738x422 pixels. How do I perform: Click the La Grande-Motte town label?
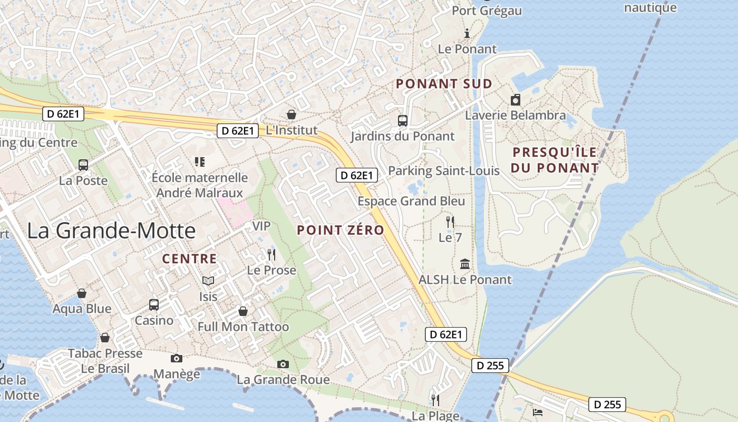tap(111, 231)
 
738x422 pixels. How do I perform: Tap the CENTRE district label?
tap(189, 259)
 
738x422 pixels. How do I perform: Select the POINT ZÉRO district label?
tap(341, 231)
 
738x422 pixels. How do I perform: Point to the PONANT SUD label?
tap(444, 84)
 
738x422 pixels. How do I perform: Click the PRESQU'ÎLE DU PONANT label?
tap(556, 160)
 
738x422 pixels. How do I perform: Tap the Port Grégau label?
tap(487, 11)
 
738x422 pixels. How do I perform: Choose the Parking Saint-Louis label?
tap(444, 171)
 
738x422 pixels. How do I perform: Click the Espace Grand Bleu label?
tap(411, 201)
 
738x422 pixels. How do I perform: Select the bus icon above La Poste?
tap(83, 165)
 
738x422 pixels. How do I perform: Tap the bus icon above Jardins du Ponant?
tap(403, 121)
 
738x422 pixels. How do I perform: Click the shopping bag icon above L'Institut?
tap(291, 114)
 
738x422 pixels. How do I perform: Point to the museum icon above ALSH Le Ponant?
tap(465, 264)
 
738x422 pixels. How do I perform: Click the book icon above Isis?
tap(208, 281)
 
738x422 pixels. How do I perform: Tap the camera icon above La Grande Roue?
tap(283, 364)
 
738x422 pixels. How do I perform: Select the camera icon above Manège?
tap(177, 359)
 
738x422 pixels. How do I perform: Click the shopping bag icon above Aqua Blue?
tap(82, 293)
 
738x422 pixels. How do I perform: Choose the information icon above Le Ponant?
tap(467, 34)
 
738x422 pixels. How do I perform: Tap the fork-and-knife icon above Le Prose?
tap(271, 255)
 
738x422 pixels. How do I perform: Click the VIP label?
tap(261, 226)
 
